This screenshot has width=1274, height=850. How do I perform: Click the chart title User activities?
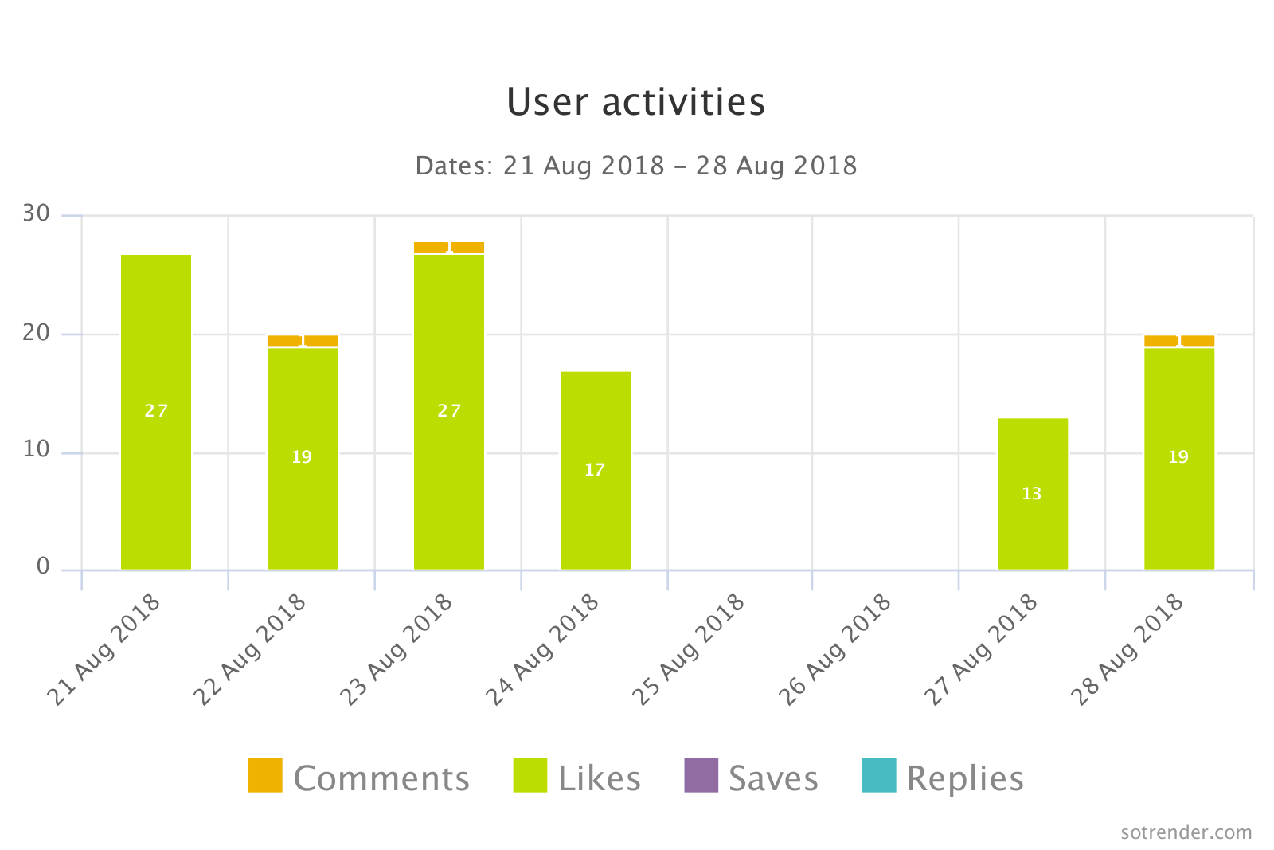(x=635, y=102)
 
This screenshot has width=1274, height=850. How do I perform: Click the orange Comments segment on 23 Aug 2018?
(x=449, y=247)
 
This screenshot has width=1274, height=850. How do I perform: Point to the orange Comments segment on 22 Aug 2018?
(x=303, y=341)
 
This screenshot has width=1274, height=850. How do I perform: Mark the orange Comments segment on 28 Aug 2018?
(x=1179, y=341)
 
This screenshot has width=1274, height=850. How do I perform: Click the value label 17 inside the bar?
(x=595, y=470)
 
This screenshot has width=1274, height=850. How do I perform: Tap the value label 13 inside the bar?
(x=1031, y=494)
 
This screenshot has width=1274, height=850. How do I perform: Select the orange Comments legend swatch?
(x=265, y=776)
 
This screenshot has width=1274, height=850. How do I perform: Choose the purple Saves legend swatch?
(x=701, y=776)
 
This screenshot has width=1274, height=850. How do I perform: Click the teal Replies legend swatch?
(x=879, y=776)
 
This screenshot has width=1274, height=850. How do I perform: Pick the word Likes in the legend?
(x=599, y=778)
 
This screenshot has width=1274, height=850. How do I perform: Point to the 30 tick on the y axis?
(x=37, y=213)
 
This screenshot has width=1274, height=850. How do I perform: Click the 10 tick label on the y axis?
(x=37, y=450)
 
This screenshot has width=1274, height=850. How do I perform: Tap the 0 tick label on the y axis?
(x=43, y=566)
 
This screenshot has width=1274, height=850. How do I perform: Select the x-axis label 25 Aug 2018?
(x=690, y=649)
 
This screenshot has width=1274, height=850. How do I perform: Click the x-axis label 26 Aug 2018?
(x=835, y=649)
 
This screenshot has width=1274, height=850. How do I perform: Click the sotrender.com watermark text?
(x=1186, y=832)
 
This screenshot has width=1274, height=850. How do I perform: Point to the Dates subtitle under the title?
(x=635, y=166)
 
